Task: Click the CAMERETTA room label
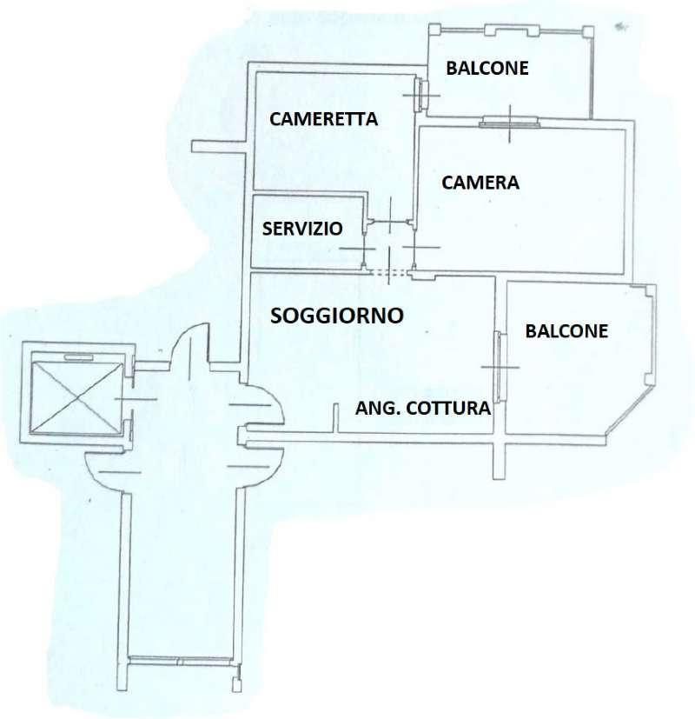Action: tap(323, 119)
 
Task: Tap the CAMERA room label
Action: tap(480, 183)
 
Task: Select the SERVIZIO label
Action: tap(302, 229)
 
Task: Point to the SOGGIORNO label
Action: tap(337, 316)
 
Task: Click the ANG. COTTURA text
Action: tap(423, 408)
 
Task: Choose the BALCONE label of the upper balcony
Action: tap(487, 69)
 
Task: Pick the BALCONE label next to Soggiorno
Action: tap(566, 331)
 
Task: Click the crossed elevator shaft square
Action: tap(77, 398)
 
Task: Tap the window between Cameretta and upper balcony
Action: tap(421, 95)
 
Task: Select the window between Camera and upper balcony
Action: tap(509, 122)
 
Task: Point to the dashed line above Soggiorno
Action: tap(388, 272)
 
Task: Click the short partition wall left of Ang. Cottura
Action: tap(335, 417)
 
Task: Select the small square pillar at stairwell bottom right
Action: tap(236, 684)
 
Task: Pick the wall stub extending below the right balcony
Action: tap(499, 462)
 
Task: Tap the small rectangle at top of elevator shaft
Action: tap(78, 357)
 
